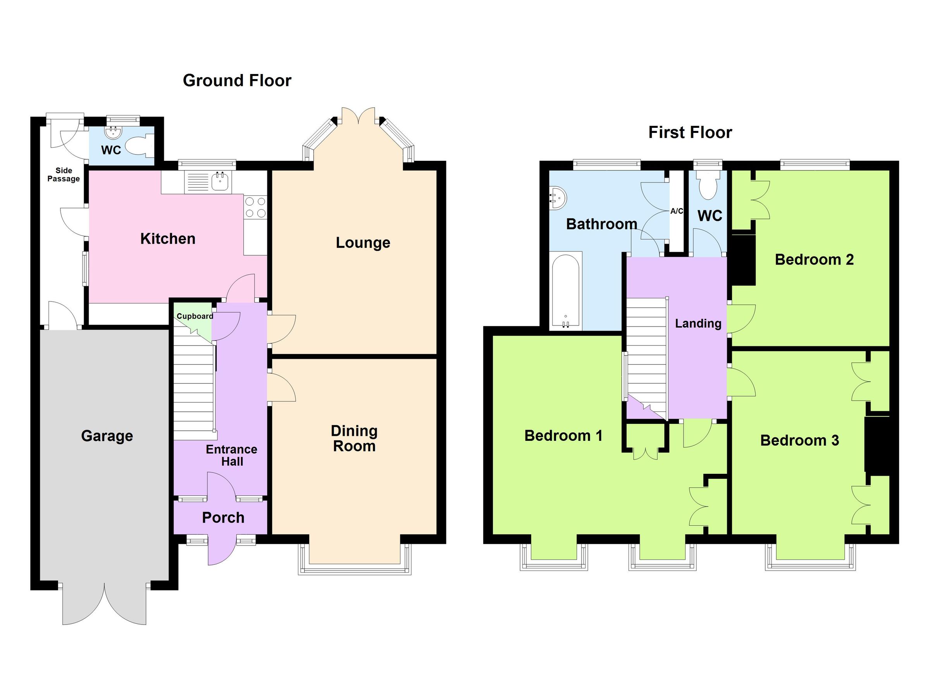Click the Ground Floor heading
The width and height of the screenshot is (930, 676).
pyautogui.click(x=237, y=80)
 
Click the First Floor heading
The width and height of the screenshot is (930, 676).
pyautogui.click(x=690, y=132)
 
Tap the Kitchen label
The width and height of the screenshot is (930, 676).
pyautogui.click(x=168, y=239)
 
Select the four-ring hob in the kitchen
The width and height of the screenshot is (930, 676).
pyautogui.click(x=255, y=207)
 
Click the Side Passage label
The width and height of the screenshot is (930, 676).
pyautogui.click(x=64, y=175)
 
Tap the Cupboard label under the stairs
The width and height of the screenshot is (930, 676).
pyautogui.click(x=195, y=316)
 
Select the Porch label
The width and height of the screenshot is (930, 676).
pyautogui.click(x=223, y=518)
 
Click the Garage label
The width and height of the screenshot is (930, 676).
pyautogui.click(x=107, y=436)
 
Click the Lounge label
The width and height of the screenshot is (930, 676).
pyautogui.click(x=363, y=243)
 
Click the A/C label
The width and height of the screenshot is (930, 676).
pyautogui.click(x=677, y=211)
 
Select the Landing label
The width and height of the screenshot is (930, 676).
pyautogui.click(x=698, y=323)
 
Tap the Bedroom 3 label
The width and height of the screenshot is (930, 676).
pyautogui.click(x=799, y=440)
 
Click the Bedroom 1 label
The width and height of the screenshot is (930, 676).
pyautogui.click(x=563, y=435)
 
